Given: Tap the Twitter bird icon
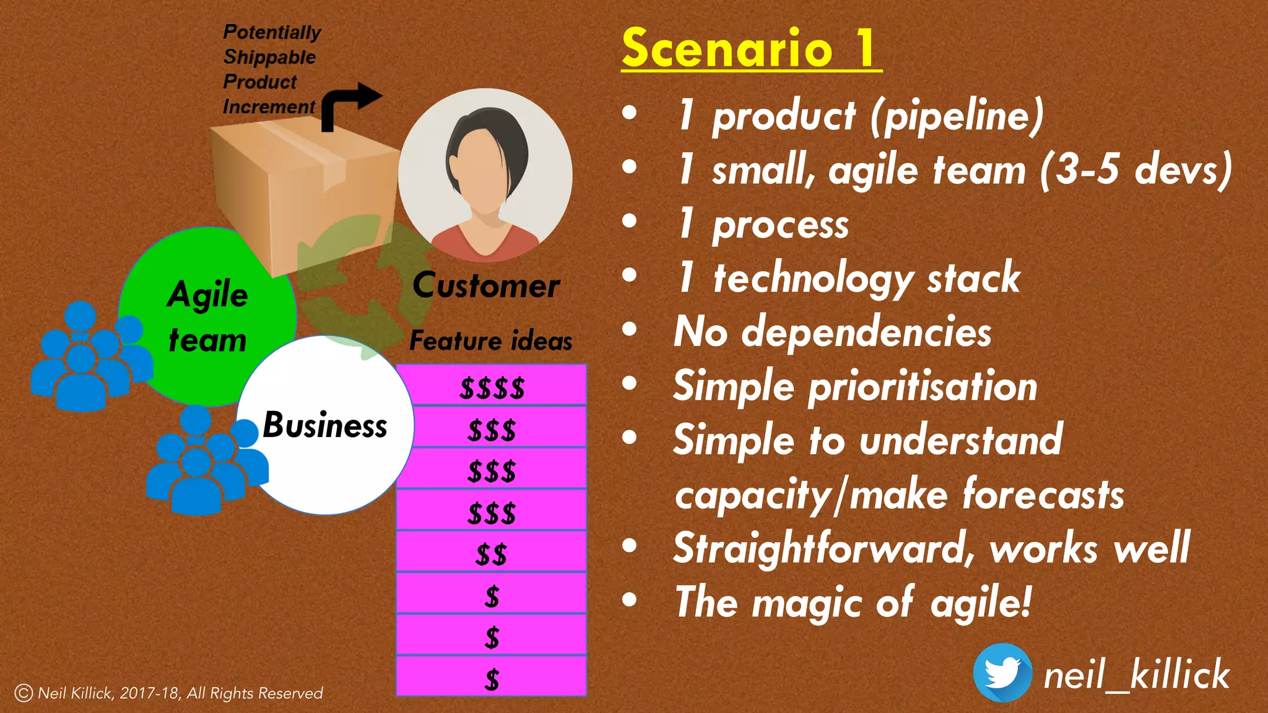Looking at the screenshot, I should [x=1002, y=673].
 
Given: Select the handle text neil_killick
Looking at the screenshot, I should [x=1136, y=675].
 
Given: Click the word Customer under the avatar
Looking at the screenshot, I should [x=486, y=286].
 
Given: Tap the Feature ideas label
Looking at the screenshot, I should [x=490, y=341].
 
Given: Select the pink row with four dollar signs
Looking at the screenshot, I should [x=492, y=387].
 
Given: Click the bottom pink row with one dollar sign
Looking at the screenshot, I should [x=492, y=678].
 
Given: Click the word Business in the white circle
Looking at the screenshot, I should [x=325, y=426].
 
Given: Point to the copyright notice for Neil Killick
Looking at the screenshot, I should [x=168, y=693].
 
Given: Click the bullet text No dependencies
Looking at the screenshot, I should [x=832, y=332].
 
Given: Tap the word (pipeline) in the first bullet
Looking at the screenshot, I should [x=957, y=116].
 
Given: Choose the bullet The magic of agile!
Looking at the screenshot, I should [x=853, y=602].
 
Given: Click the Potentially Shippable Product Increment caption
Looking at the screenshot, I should [x=271, y=69].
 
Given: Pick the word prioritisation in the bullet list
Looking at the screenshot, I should [x=923, y=387].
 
